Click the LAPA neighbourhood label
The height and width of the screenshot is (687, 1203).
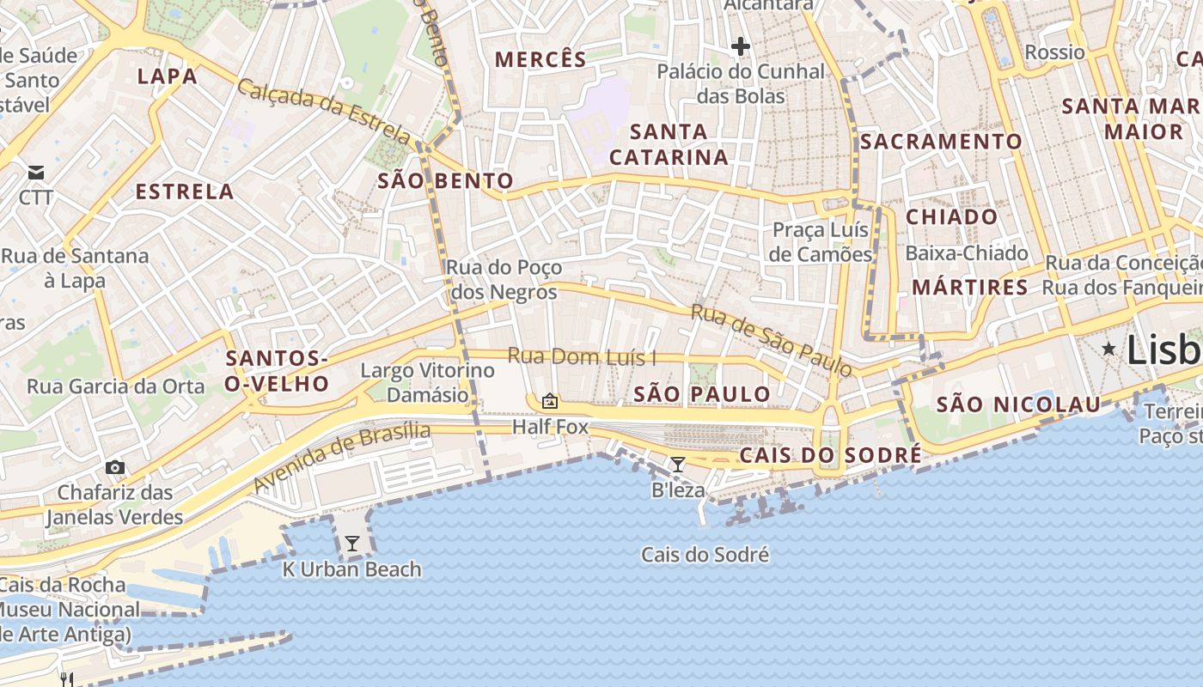point(168,76)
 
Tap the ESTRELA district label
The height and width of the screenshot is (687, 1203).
point(185,192)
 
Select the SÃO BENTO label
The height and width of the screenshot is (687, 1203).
point(446,181)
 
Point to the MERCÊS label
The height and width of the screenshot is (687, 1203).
point(541,60)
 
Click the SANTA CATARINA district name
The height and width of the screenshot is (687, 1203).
point(669,144)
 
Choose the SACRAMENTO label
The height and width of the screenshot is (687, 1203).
point(942,142)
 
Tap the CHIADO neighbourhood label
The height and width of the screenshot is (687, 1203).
point(951,217)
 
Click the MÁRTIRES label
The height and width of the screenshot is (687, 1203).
point(970,288)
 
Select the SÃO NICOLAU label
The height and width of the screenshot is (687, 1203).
point(1018,404)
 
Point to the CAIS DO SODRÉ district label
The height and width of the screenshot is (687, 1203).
point(829,454)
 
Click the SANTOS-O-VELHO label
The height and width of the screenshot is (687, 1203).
point(277,371)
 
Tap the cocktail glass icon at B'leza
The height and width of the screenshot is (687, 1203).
point(678,465)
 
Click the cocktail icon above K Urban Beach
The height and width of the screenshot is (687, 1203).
point(351,544)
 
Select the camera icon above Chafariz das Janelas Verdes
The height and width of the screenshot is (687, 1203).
point(115,467)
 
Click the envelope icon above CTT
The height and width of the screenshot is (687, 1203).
point(36,173)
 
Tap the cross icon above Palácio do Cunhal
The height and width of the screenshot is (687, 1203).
point(741,46)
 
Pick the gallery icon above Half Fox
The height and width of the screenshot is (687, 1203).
point(550,401)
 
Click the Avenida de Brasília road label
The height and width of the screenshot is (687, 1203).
point(341,457)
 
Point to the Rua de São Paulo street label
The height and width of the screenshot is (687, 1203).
point(771,341)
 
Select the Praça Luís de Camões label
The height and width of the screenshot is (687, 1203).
point(821,242)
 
